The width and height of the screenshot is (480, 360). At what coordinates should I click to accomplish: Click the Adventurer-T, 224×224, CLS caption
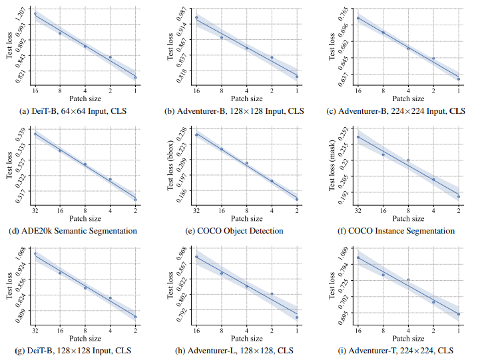[x=401, y=350]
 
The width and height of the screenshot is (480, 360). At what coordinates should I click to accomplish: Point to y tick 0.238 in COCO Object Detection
[x=182, y=133]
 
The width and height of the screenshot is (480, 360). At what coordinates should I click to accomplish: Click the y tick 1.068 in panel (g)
[x=20, y=254]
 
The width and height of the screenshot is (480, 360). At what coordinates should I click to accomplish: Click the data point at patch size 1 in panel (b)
[x=297, y=77]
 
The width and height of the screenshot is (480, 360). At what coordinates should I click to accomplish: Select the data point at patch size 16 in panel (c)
[x=358, y=18]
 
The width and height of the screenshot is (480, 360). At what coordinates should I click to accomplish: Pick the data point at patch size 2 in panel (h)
[x=272, y=293]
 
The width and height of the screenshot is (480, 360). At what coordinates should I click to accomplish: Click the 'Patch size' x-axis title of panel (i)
[x=408, y=338]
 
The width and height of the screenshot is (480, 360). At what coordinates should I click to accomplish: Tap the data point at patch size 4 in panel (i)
[x=408, y=279]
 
